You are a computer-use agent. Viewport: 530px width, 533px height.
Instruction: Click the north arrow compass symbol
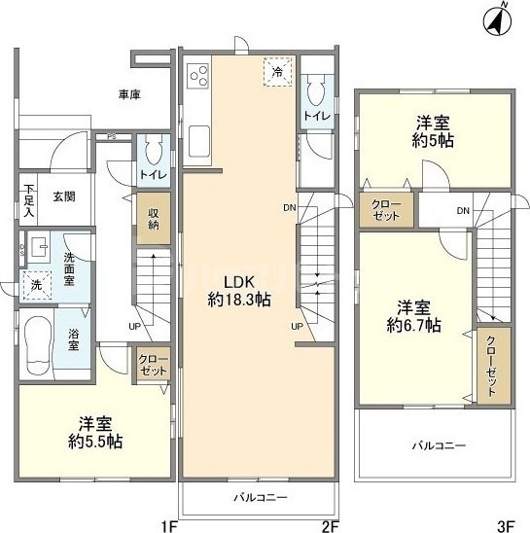point(498,19)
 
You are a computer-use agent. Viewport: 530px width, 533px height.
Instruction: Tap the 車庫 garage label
point(130,94)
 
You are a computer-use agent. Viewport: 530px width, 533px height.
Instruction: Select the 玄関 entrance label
point(64,195)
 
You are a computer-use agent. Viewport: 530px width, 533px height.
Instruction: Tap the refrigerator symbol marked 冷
point(277,72)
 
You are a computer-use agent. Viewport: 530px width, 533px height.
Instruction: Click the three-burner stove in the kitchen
point(200,75)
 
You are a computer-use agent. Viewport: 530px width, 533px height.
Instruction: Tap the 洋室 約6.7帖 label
point(414,314)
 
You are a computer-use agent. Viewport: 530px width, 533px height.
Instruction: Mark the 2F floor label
point(329,525)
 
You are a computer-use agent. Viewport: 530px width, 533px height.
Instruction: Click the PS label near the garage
point(112,137)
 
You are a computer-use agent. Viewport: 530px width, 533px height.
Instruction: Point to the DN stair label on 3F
point(464,211)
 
